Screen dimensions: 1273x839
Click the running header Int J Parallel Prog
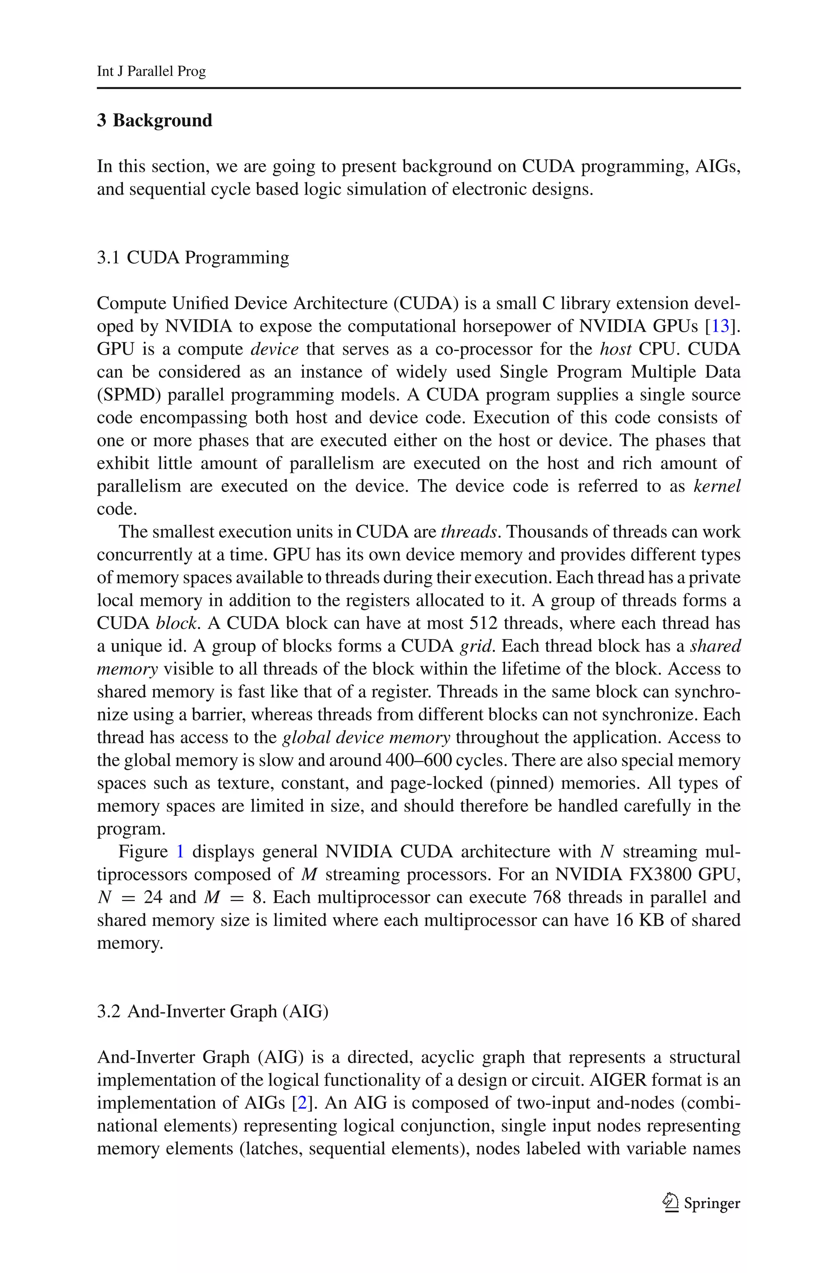pyautogui.click(x=152, y=71)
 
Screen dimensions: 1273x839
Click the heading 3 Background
pyautogui.click(x=154, y=121)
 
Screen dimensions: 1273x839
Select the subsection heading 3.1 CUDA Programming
pyautogui.click(x=193, y=257)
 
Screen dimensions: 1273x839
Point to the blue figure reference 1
pyautogui.click(x=180, y=852)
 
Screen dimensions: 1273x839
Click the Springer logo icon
pyautogui.click(x=670, y=1203)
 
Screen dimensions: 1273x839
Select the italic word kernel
pyautogui.click(x=717, y=486)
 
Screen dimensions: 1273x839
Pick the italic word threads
pyautogui.click(x=469, y=532)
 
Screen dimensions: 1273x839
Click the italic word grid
pyautogui.click(x=475, y=646)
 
